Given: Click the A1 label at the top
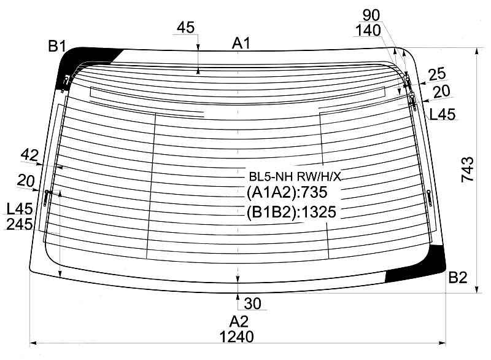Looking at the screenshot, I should [241, 43].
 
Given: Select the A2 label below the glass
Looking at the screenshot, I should [239, 321].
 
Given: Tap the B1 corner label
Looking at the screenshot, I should [58, 45].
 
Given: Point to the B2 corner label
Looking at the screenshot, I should [458, 278].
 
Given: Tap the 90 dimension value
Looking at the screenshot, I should [371, 14].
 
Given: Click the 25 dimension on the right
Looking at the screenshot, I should [436, 75].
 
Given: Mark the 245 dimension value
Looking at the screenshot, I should [19, 225].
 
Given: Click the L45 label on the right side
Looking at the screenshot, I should [442, 114].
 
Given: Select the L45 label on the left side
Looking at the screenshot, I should [20, 210].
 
